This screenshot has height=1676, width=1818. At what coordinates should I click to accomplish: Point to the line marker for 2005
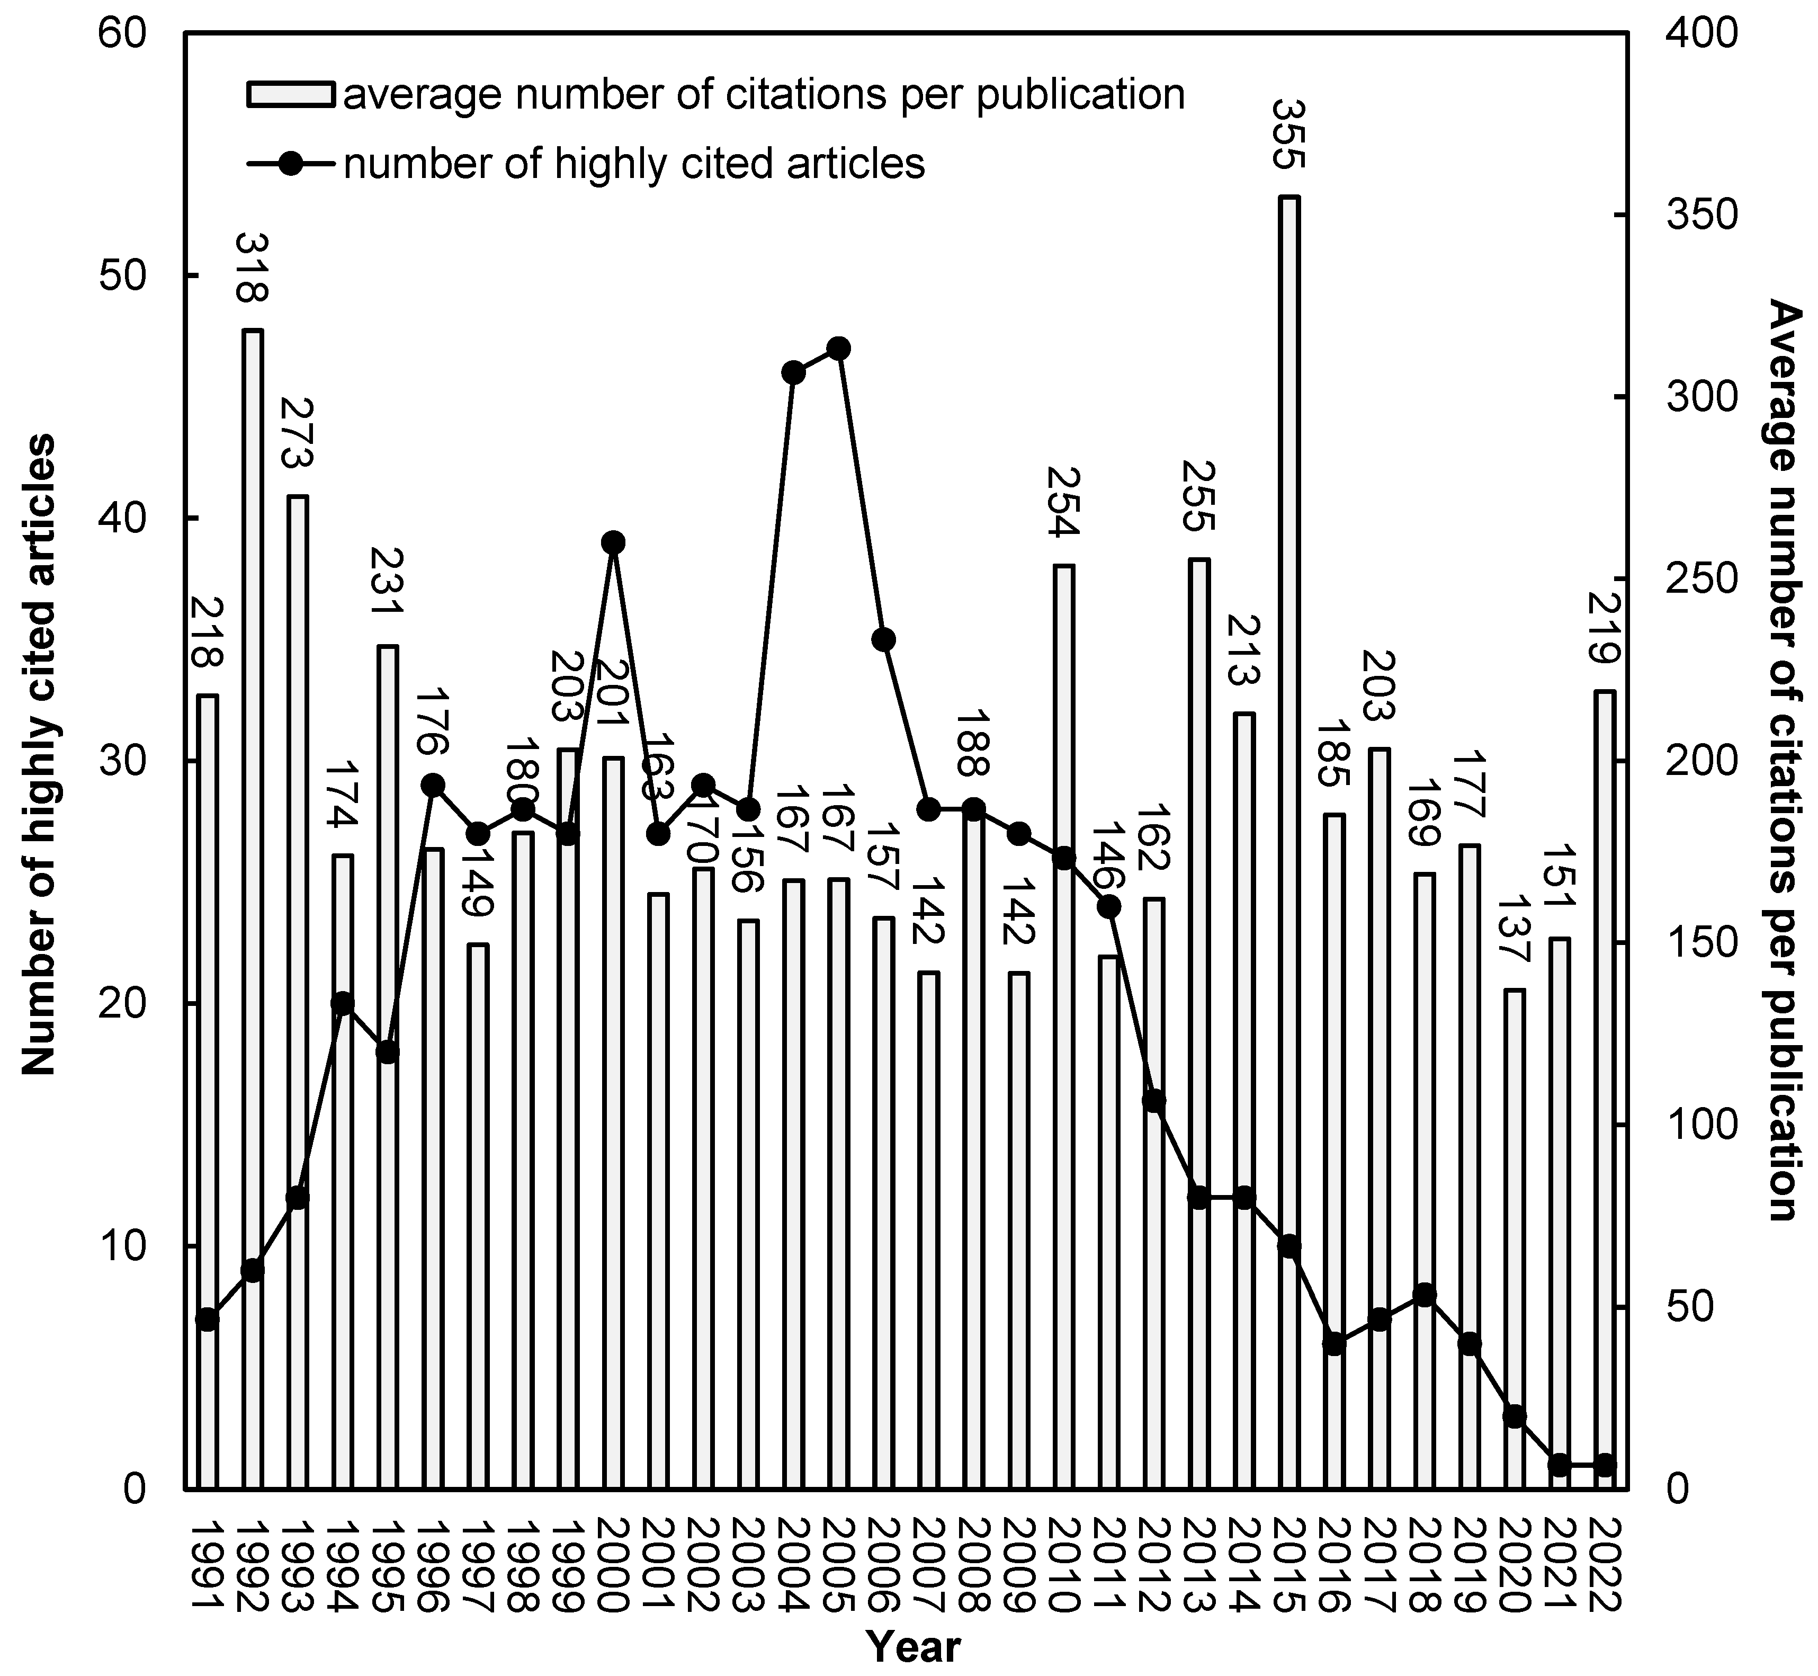(x=839, y=348)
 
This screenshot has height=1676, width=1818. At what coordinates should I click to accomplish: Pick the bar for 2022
(x=1605, y=1090)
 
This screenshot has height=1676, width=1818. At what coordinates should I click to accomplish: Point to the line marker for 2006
(x=884, y=639)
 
